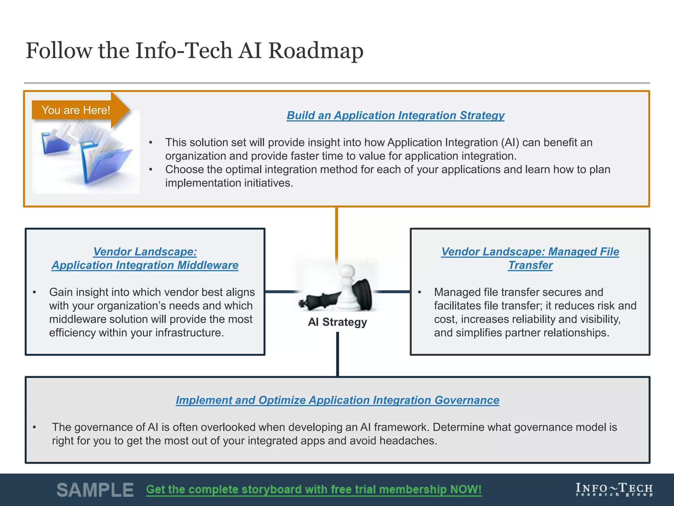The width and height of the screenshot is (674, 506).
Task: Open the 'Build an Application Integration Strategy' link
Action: pos(395,115)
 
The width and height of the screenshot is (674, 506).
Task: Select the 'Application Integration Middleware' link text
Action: pos(145,265)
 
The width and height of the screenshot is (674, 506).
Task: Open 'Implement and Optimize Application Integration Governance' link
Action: pos(337,400)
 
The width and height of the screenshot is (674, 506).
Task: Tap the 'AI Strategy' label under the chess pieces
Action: pos(337,322)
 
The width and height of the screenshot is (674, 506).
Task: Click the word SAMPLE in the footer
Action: pos(95,490)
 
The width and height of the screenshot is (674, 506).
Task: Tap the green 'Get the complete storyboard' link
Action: pos(314,490)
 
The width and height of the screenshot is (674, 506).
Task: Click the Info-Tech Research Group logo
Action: pos(614,490)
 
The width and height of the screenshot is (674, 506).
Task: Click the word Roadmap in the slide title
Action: pos(316,51)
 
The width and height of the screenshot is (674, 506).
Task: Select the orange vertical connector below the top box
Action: pos(336,234)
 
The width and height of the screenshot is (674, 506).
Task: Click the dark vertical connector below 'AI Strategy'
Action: pos(338,354)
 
